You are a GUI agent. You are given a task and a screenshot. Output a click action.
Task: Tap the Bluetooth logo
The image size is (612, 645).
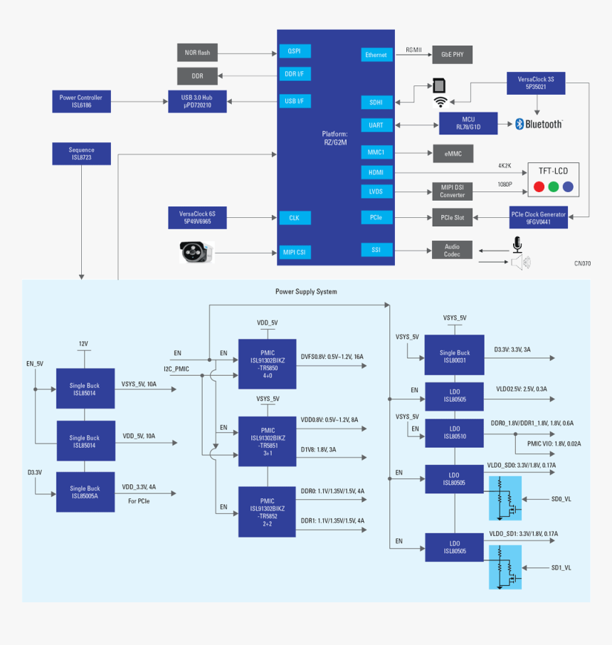pyautogui.click(x=539, y=124)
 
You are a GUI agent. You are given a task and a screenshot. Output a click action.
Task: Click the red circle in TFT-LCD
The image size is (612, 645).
pyautogui.click(x=540, y=187)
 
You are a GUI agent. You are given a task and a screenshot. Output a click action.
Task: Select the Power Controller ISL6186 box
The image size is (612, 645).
pyautogui.click(x=81, y=101)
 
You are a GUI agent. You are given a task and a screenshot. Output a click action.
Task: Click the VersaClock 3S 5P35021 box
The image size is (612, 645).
pyautogui.click(x=536, y=83)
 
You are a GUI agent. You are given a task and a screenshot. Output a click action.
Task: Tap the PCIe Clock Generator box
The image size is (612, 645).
pyautogui.click(x=539, y=217)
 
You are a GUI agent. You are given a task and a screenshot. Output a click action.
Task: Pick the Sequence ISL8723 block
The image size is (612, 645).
pyautogui.click(x=81, y=154)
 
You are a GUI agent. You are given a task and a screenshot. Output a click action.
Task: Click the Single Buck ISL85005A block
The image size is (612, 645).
pyautogui.click(x=85, y=492)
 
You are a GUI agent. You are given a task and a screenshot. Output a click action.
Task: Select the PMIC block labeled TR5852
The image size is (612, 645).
pyautogui.click(x=267, y=511)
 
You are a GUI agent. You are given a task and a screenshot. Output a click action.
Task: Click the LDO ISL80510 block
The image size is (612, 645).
pyautogui.click(x=454, y=432)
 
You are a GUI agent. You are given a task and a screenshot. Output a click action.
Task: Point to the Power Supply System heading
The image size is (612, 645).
pyautogui.click(x=306, y=292)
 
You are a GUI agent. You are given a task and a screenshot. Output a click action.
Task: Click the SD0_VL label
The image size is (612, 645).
pyautogui.click(x=561, y=499)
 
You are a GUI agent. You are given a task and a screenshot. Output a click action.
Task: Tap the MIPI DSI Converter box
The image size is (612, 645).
pyautogui.click(x=452, y=191)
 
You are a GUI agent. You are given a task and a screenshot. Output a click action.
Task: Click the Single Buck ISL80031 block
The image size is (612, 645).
pyautogui.click(x=454, y=356)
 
